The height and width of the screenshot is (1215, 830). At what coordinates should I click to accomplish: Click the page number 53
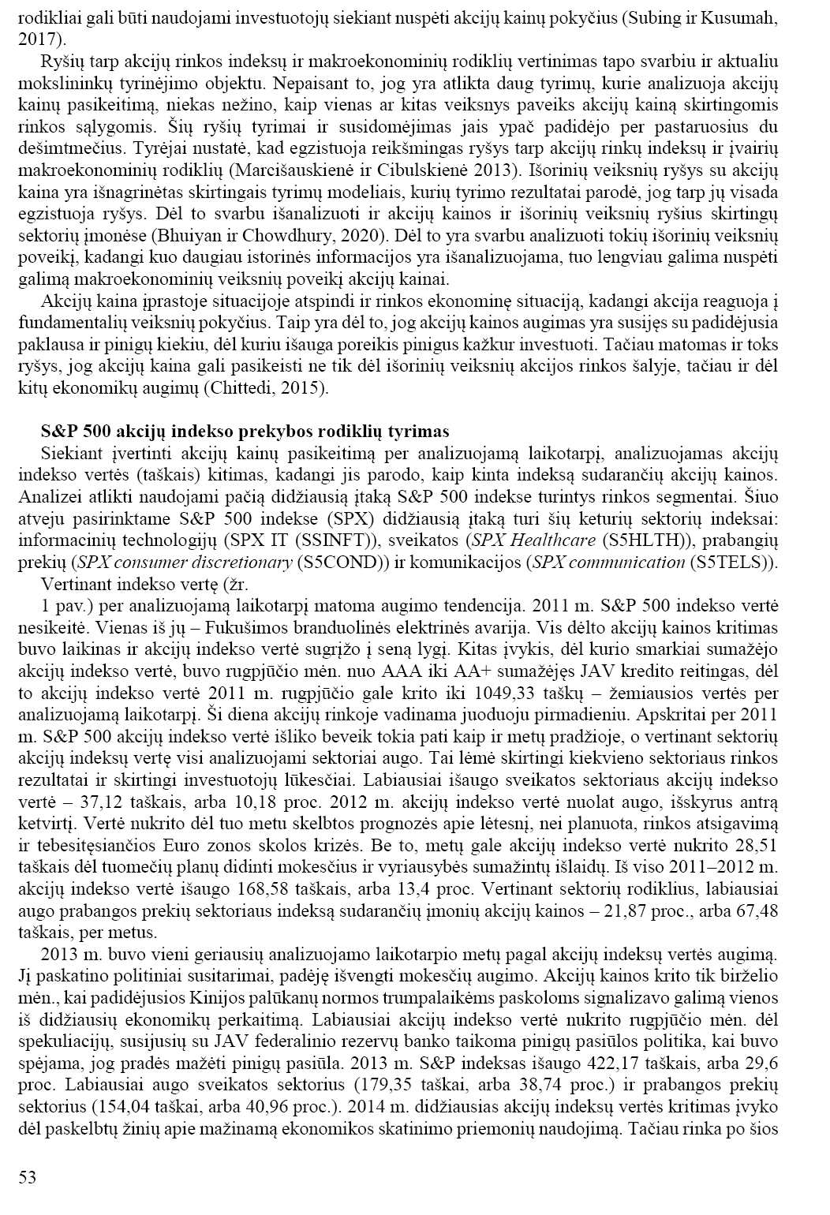(x=28, y=1178)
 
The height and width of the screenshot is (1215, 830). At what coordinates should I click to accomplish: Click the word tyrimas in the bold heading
(x=421, y=432)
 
